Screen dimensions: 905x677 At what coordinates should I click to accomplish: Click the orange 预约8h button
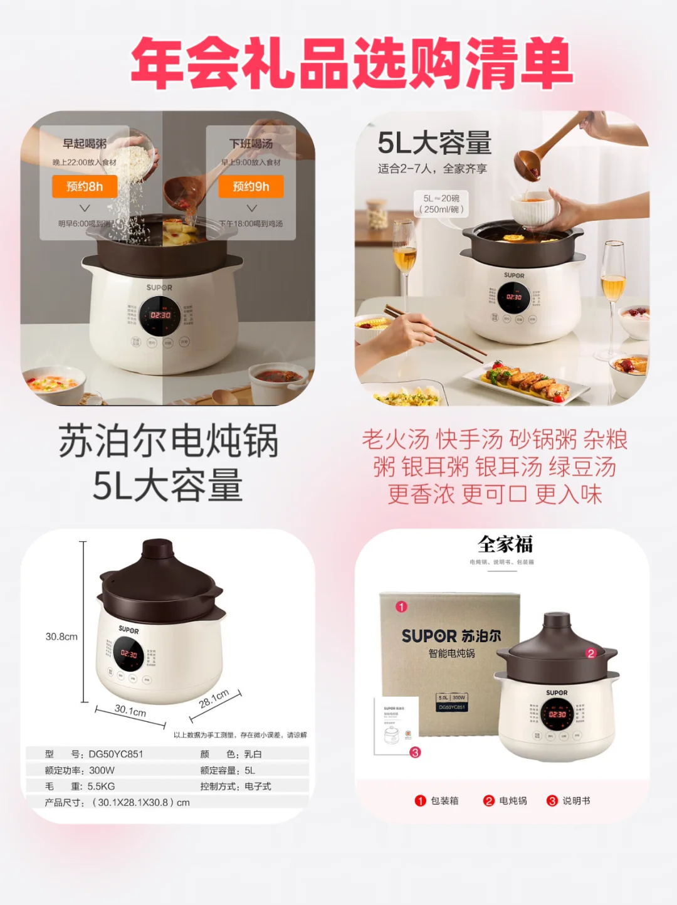(85, 186)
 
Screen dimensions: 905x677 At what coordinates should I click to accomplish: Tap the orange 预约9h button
(251, 186)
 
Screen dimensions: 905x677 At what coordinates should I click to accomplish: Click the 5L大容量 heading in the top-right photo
(434, 143)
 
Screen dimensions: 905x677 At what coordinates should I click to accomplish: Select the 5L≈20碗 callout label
(441, 204)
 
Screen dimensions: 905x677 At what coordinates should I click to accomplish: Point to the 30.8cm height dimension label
(61, 637)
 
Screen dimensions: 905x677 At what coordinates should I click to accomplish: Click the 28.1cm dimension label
(214, 699)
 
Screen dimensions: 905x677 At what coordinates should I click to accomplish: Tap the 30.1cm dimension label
(130, 711)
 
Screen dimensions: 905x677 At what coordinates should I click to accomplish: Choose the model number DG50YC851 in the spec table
(116, 754)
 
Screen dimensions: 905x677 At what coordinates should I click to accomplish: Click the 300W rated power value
(102, 770)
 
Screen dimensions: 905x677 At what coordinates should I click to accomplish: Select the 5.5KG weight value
(101, 786)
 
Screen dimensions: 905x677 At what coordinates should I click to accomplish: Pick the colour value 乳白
(253, 754)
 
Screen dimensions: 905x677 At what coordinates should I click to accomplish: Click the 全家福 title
(505, 544)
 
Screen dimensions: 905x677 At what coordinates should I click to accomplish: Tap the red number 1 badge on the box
(401, 606)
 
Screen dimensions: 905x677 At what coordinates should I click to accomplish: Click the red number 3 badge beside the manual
(415, 752)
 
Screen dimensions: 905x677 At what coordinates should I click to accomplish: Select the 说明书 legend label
(576, 801)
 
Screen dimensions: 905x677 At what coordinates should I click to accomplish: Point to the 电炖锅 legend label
(513, 801)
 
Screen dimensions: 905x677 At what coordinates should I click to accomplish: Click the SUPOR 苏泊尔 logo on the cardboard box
(451, 636)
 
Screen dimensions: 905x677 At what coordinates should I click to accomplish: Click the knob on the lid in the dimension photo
(160, 549)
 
